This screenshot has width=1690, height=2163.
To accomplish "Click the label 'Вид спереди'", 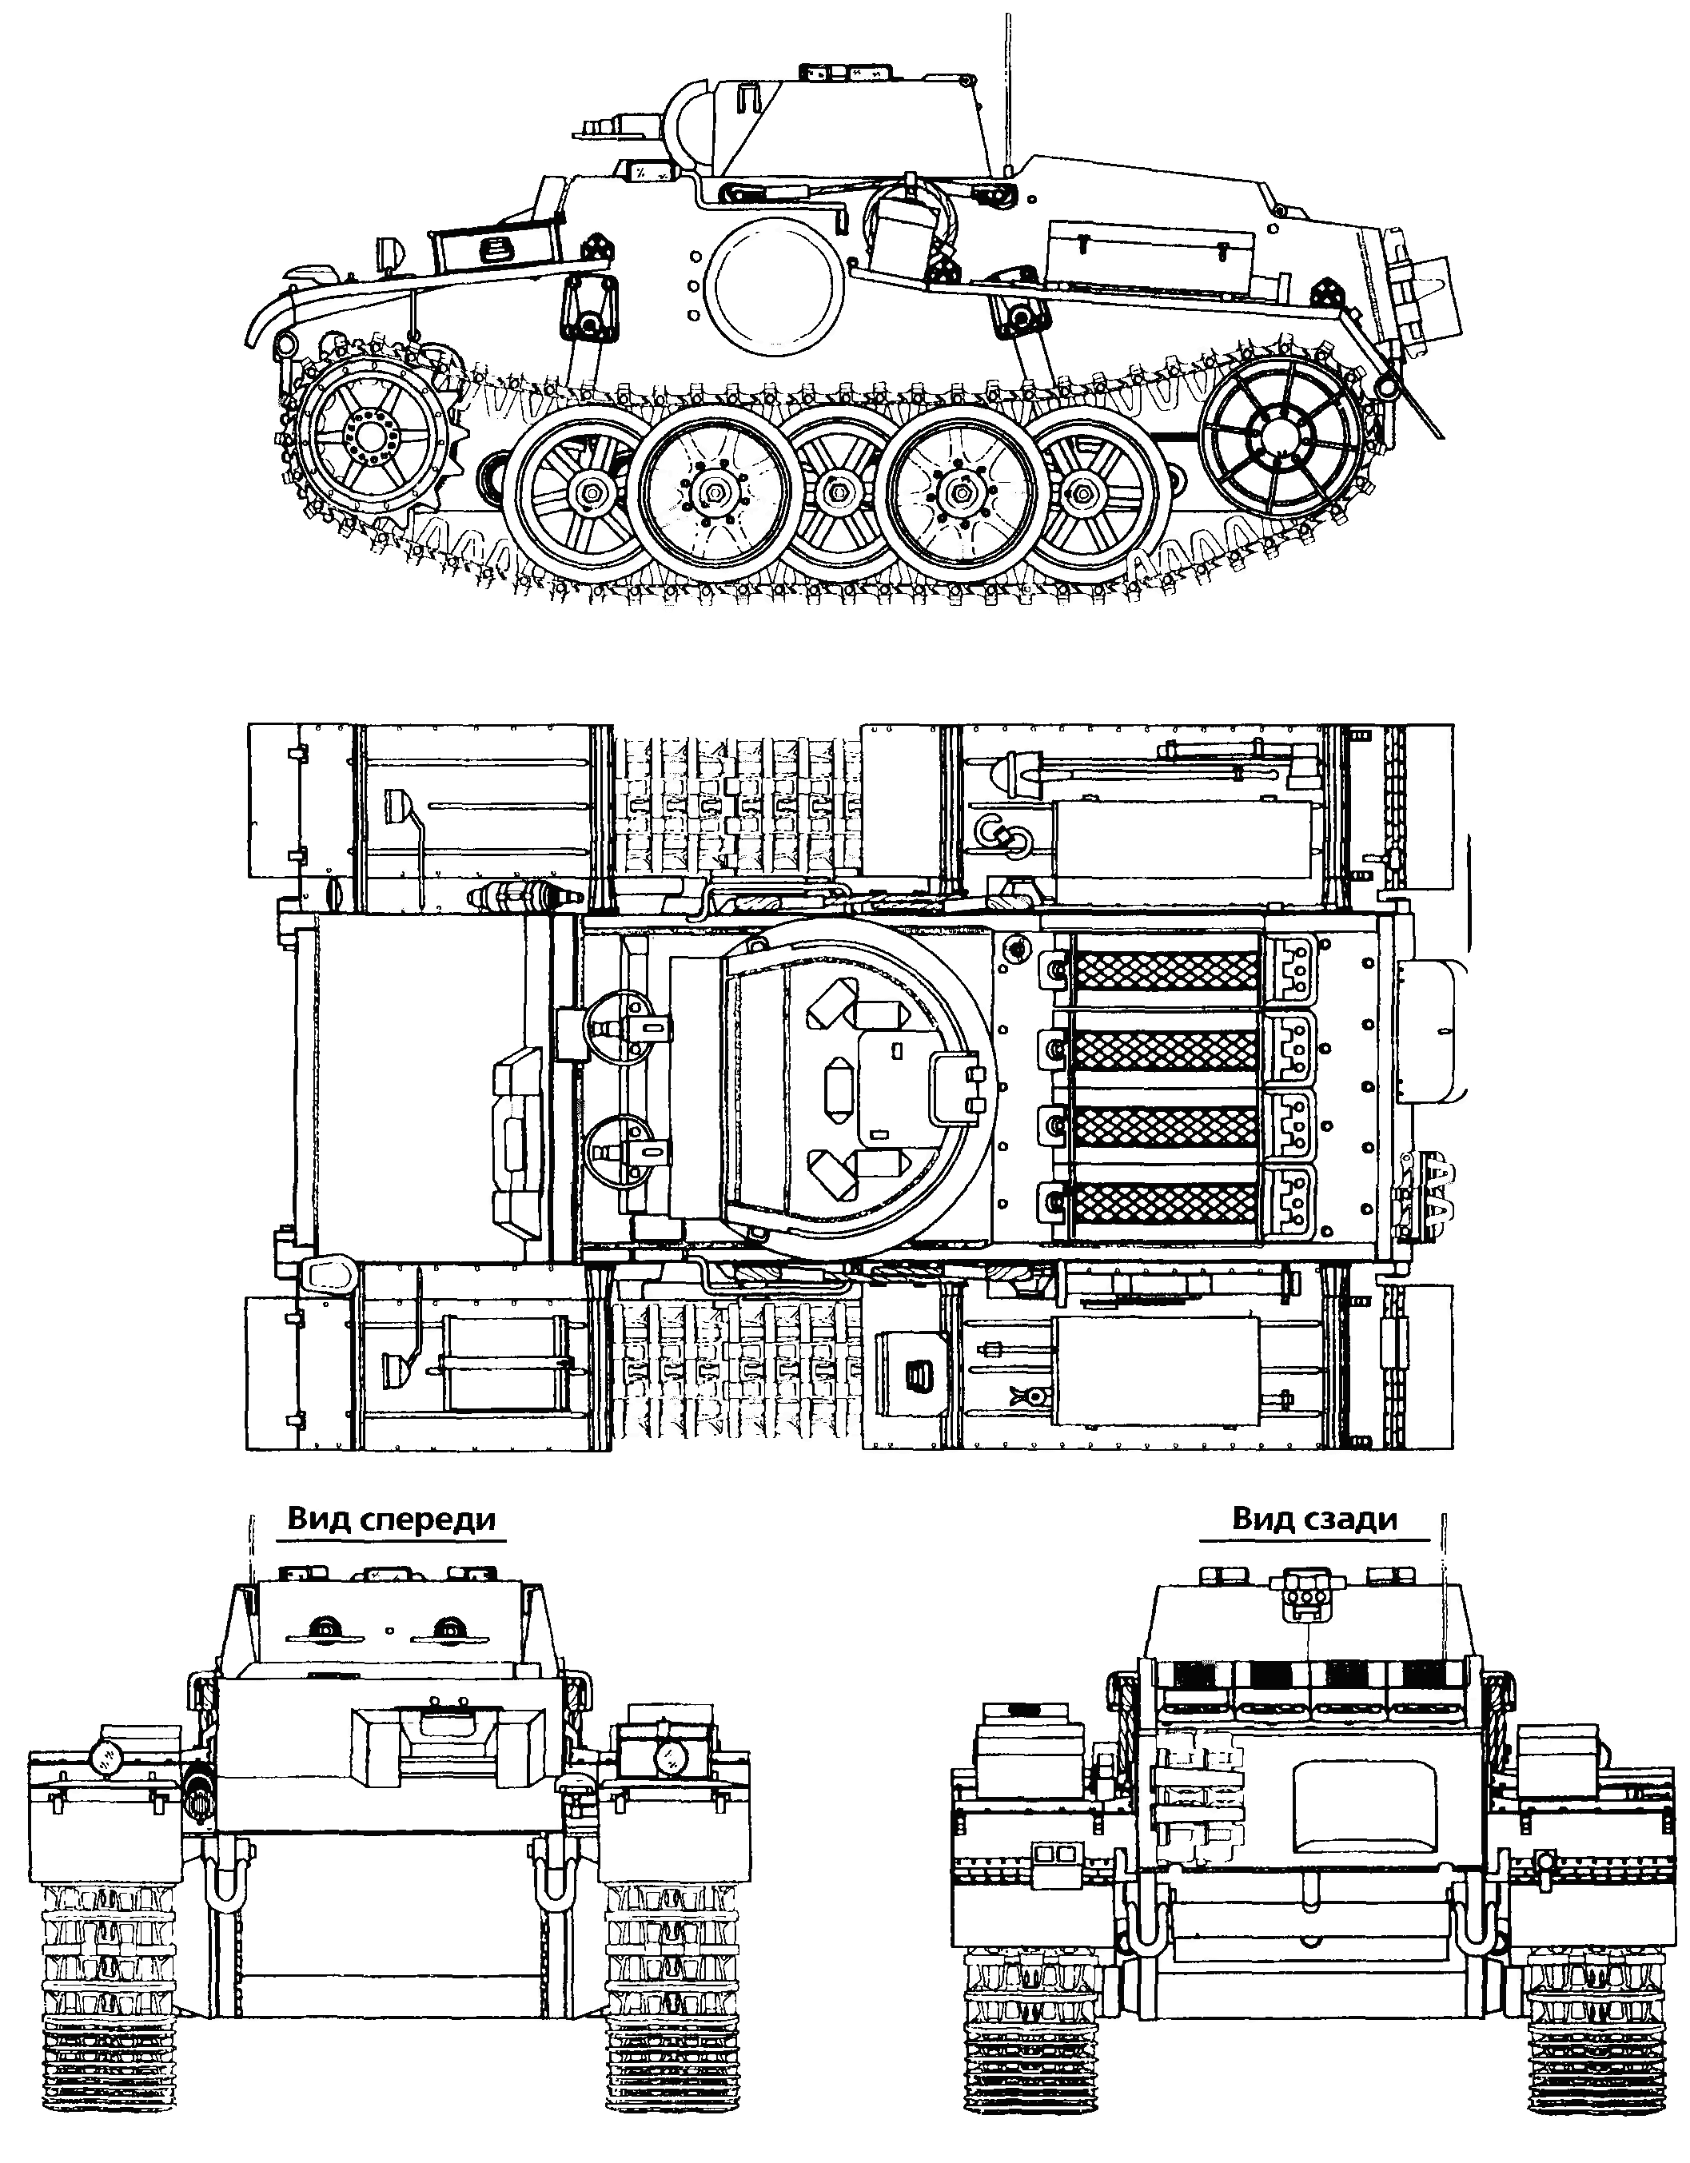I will pos(391,1520).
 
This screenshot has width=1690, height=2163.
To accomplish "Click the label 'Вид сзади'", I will pos(1314,1520).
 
